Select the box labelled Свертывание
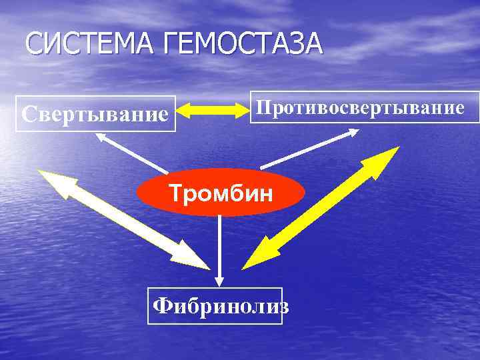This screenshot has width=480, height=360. click(95, 113)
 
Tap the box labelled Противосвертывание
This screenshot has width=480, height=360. click(364, 107)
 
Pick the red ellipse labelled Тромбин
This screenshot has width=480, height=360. click(221, 194)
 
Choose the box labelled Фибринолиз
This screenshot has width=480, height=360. click(215, 305)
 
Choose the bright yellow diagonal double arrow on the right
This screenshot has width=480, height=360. click(320, 208)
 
